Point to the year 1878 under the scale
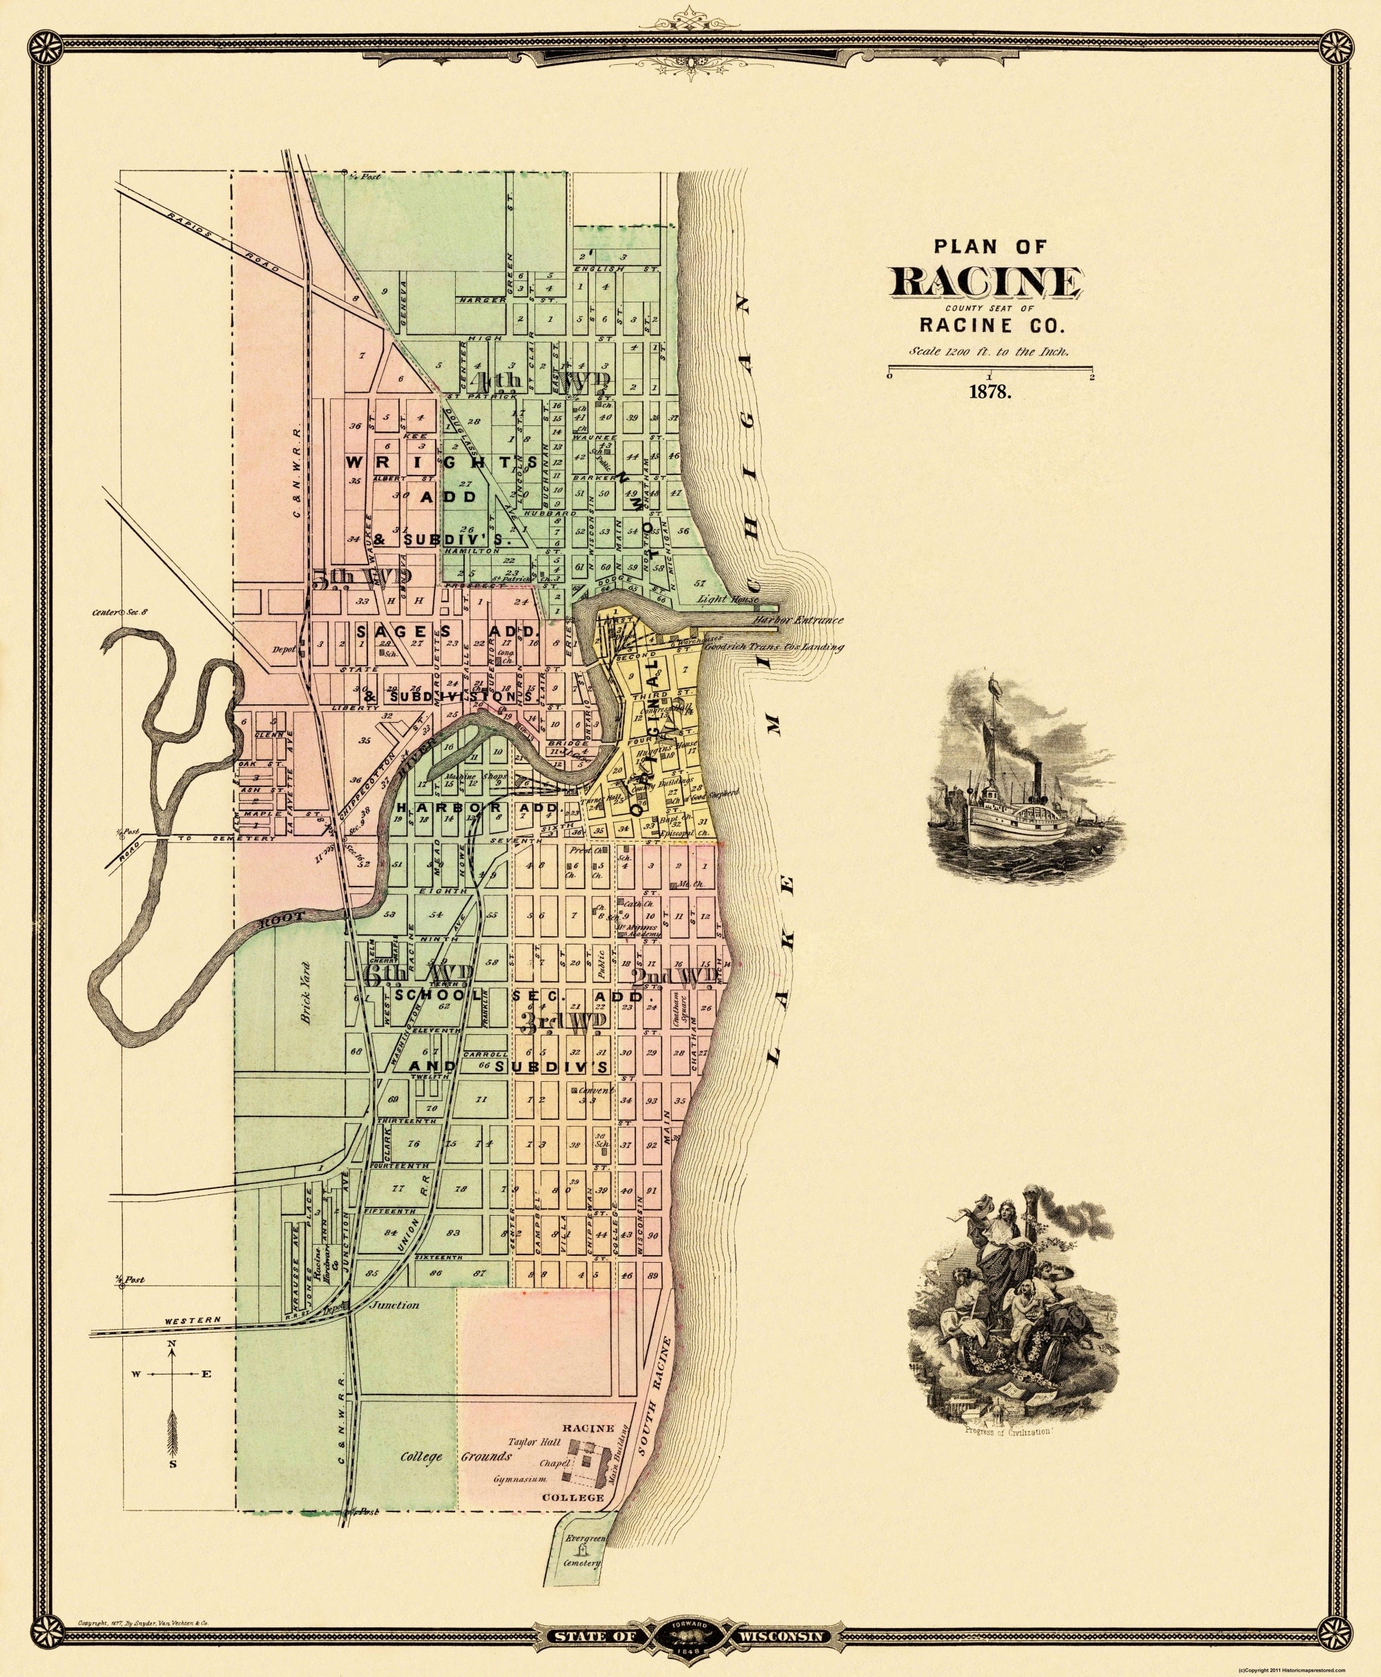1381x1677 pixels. coord(989,391)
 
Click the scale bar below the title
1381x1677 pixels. coord(990,367)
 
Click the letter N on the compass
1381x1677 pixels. coord(171,1344)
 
